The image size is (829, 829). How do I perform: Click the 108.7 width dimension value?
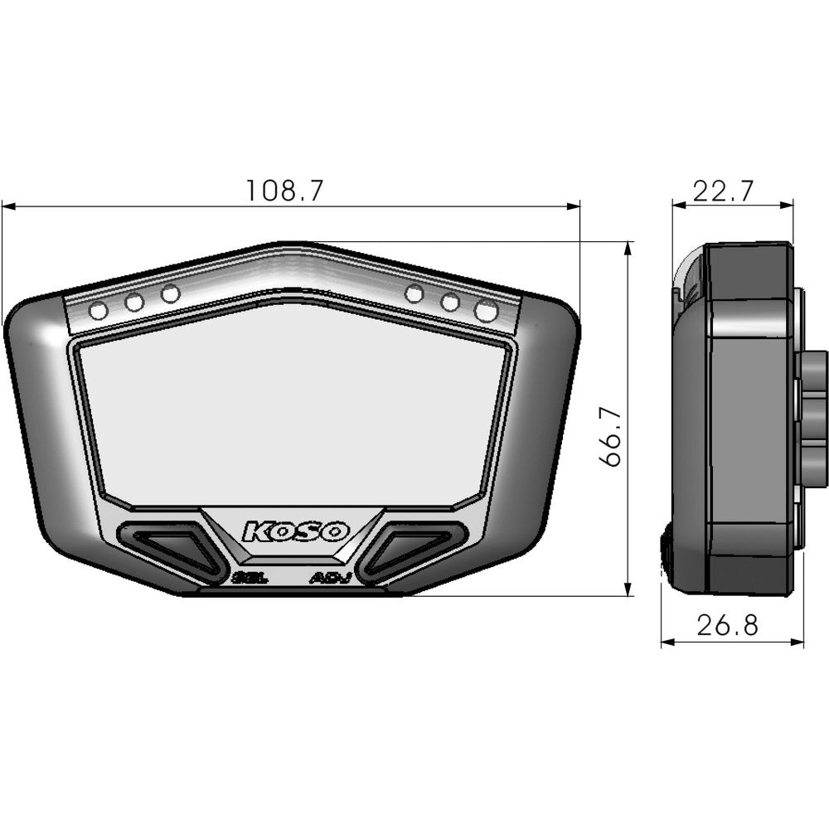point(284,191)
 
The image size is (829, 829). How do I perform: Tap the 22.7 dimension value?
point(723,191)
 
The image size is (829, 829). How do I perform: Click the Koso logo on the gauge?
point(296,531)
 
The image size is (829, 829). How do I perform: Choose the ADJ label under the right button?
point(331,578)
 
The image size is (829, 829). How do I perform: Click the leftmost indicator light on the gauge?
point(98,312)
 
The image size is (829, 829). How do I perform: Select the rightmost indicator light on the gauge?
point(487,311)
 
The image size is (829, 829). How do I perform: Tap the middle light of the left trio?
point(134,303)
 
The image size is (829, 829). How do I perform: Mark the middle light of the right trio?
point(450,303)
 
